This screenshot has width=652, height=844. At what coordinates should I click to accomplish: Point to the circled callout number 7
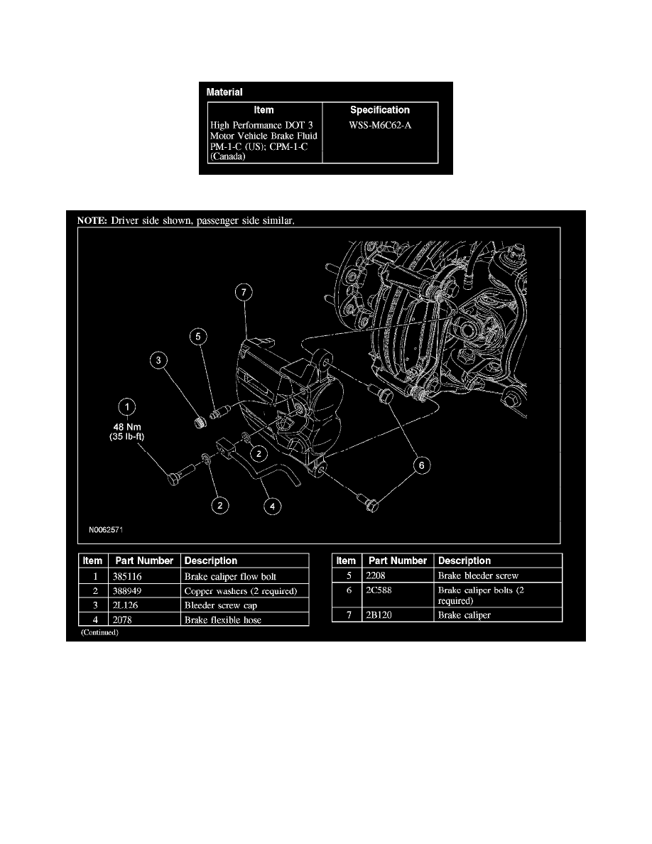(244, 292)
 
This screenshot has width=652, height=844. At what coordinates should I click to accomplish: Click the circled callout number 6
(422, 465)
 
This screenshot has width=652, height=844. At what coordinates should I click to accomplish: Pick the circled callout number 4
(273, 507)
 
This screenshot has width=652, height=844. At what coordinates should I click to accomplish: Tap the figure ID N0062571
(104, 529)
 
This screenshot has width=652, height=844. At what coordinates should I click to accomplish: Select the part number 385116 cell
(128, 576)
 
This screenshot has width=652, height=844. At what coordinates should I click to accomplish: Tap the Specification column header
(379, 110)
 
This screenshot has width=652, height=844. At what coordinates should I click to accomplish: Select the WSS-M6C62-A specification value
(379, 125)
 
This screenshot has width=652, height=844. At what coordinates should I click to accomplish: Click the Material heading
(224, 92)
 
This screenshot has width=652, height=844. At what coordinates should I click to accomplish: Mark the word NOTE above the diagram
(92, 220)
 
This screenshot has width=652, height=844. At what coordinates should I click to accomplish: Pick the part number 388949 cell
(128, 590)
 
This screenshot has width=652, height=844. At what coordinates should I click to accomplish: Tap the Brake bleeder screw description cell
(478, 575)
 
